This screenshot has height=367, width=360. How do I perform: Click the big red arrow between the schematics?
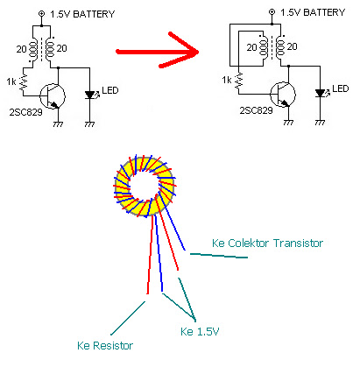click(158, 52)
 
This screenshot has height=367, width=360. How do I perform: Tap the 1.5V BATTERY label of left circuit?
click(82, 14)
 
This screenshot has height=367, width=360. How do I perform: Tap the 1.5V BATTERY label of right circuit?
click(313, 12)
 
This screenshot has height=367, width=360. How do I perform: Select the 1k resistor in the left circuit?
click(24, 82)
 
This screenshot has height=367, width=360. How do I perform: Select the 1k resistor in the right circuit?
click(239, 81)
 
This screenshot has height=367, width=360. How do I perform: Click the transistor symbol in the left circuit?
click(53, 96)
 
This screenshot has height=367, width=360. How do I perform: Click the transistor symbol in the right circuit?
click(283, 95)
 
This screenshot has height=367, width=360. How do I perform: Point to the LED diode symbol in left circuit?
click(90, 95)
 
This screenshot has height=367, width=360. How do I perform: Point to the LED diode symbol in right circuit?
click(321, 93)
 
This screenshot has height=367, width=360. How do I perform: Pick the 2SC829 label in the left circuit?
click(26, 112)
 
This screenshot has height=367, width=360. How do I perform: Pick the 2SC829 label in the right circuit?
click(256, 110)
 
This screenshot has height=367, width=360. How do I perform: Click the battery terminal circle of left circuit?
click(42, 13)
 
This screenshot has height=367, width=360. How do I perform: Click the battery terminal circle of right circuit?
click(272, 11)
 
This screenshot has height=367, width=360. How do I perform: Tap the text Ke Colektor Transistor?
click(267, 243)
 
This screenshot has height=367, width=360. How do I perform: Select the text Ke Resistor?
click(105, 346)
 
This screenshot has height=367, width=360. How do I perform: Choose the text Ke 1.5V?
click(200, 331)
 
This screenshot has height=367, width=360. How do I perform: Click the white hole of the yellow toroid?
click(144, 186)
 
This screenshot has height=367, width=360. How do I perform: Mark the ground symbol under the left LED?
click(89, 124)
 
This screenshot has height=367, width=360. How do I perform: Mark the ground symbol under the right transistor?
click(288, 123)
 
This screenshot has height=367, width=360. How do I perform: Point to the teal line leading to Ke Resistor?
click(128, 318)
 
